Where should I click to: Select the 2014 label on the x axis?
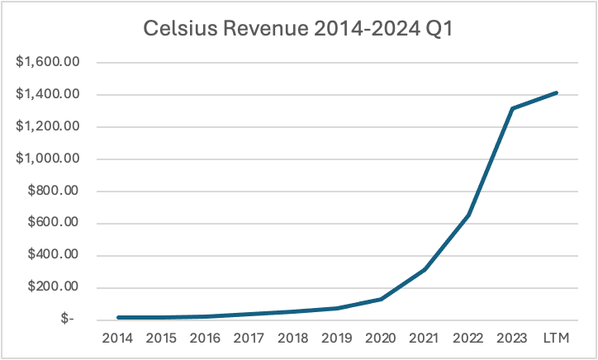coord(117,339)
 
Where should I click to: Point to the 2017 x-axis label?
coord(249,339)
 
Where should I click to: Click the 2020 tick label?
coord(380,339)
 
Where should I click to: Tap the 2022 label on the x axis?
coord(468,339)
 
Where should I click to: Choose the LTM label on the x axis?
coord(556,339)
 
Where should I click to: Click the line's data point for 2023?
coord(512,108)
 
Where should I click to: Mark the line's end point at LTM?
coord(556,93)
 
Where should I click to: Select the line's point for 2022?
coord(468,215)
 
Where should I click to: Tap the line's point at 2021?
coord(425,269)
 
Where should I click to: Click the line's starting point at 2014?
coord(117,318)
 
